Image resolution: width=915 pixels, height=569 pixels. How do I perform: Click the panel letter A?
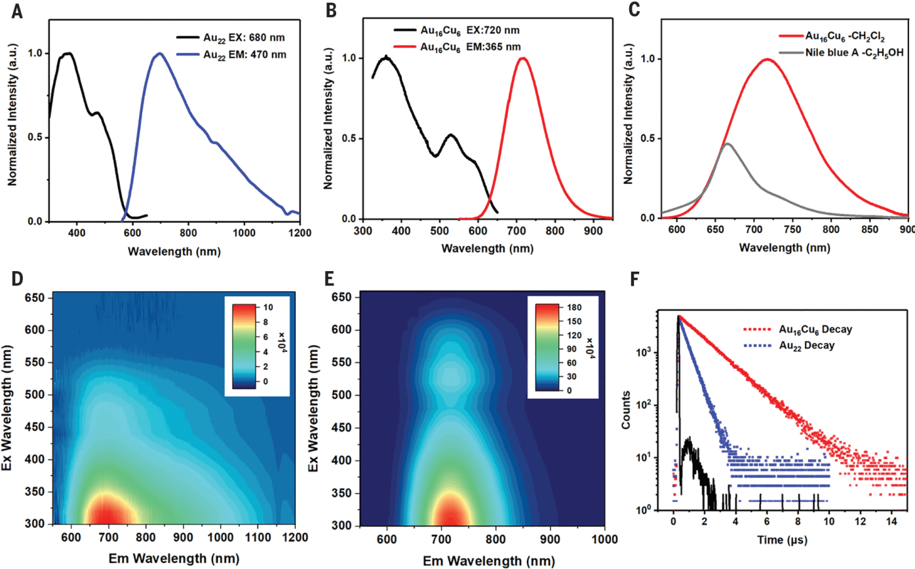(x=16, y=11)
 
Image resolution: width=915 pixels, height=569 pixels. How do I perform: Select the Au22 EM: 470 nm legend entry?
(x=244, y=55)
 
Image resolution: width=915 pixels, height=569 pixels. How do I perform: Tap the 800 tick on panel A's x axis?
(x=189, y=232)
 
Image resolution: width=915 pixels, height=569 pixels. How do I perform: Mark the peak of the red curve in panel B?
(x=522, y=58)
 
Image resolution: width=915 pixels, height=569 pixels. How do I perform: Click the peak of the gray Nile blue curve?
(x=727, y=143)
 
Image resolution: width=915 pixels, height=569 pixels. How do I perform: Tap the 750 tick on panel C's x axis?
(x=793, y=229)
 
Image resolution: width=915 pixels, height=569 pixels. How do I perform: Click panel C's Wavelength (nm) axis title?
(x=785, y=248)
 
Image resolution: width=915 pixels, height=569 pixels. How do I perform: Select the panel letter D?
(x=16, y=278)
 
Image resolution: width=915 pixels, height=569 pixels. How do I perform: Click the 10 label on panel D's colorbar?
(x=269, y=307)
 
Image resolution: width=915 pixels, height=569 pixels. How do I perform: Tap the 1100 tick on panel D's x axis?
(x=258, y=538)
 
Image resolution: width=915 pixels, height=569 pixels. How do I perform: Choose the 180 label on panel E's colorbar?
(x=575, y=307)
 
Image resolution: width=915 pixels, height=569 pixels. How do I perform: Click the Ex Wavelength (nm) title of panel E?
(x=313, y=409)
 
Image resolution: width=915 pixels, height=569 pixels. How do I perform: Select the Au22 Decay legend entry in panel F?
(x=806, y=345)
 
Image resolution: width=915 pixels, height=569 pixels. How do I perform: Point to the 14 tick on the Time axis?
(x=891, y=521)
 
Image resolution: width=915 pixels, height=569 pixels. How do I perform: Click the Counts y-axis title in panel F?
(x=626, y=410)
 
